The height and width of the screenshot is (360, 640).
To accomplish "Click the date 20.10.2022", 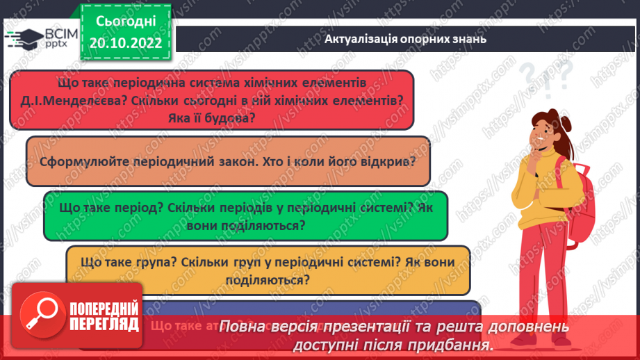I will [x=126, y=42].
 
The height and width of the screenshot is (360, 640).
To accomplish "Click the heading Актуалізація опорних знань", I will [x=405, y=40].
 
